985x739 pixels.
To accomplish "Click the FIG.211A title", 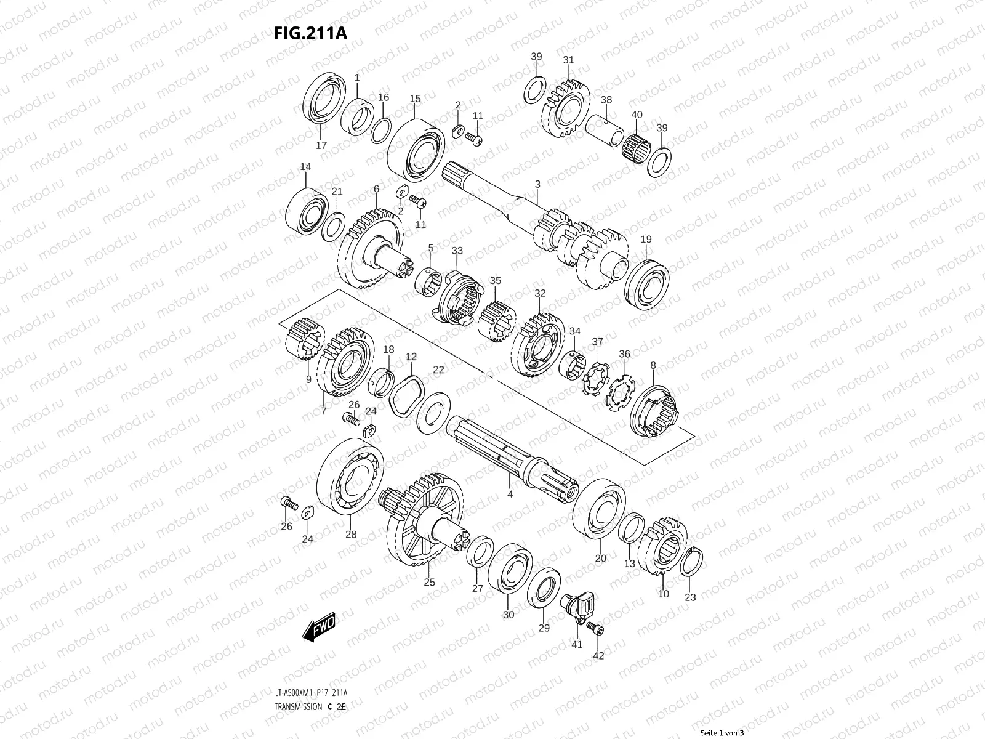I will [x=310, y=33].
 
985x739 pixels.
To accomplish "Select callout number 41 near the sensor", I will [x=577, y=645].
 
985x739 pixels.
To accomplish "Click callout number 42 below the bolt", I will [x=598, y=656].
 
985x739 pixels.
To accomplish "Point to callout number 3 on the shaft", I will [x=537, y=184].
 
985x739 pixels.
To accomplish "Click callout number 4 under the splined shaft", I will [x=510, y=494].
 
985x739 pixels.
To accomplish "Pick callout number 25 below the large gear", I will [x=429, y=581].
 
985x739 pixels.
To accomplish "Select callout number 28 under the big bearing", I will [x=351, y=535].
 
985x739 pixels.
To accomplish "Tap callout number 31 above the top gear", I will [x=568, y=60].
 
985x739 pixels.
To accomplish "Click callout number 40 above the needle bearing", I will [x=637, y=115].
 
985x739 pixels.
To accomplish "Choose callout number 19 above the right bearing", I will [x=646, y=239].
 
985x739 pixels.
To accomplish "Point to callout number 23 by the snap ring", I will [x=690, y=597].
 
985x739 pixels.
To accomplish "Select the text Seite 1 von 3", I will [x=722, y=733].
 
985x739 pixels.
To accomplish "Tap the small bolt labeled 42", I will [x=597, y=629].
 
